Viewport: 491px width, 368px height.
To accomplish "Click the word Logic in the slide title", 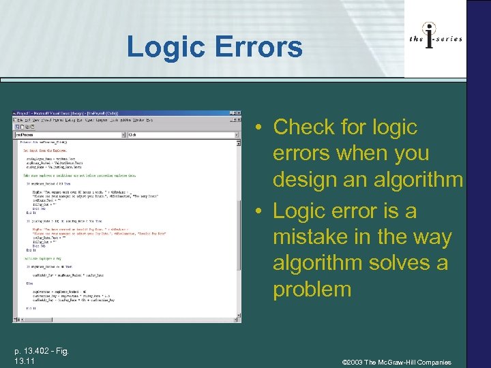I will pyautogui.click(x=166, y=47).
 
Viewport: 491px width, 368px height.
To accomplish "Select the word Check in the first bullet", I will pyautogui.click(x=303, y=127).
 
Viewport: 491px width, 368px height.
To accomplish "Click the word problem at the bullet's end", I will pyautogui.click(x=312, y=289).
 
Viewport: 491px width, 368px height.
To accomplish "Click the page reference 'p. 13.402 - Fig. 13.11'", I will pyautogui.click(x=40, y=354).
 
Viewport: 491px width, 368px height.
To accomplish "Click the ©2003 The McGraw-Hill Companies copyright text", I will pyautogui.click(x=398, y=362).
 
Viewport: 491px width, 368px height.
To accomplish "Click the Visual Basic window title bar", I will pyautogui.click(x=102, y=113).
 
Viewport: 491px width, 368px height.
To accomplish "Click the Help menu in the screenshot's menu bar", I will pyautogui.click(x=149, y=120).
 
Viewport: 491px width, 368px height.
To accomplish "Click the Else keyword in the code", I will pyautogui.click(x=28, y=283).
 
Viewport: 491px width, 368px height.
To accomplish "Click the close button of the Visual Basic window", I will pyautogui.click(x=237, y=113).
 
